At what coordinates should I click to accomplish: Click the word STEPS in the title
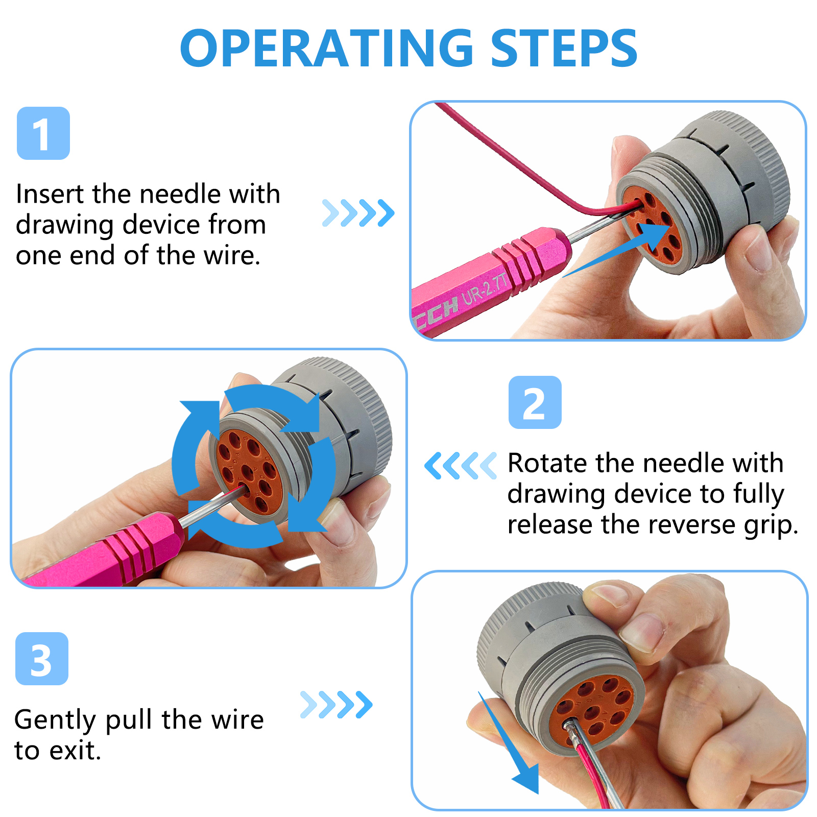564,48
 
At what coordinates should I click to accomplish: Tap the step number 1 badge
43,133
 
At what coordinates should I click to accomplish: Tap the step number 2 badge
535,402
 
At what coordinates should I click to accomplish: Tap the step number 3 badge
42,659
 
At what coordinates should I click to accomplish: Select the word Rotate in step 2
547,463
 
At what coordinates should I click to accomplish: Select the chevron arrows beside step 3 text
337,705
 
